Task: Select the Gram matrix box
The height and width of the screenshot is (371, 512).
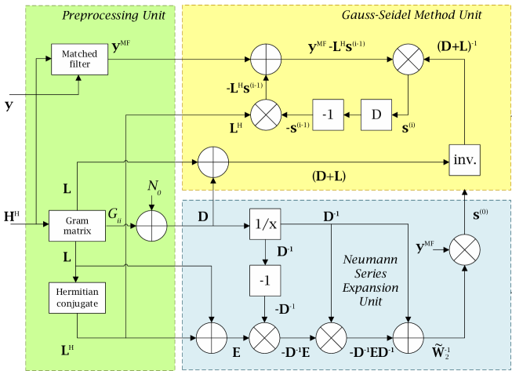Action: pos(76,224)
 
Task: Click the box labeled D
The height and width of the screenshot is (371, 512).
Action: pos(377,115)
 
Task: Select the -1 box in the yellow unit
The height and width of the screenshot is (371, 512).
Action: pos(328,115)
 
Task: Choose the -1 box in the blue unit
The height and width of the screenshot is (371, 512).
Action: pos(265,278)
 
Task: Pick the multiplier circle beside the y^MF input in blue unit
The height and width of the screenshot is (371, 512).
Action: pos(464,251)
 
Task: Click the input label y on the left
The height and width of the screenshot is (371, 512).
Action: pos(9,103)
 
